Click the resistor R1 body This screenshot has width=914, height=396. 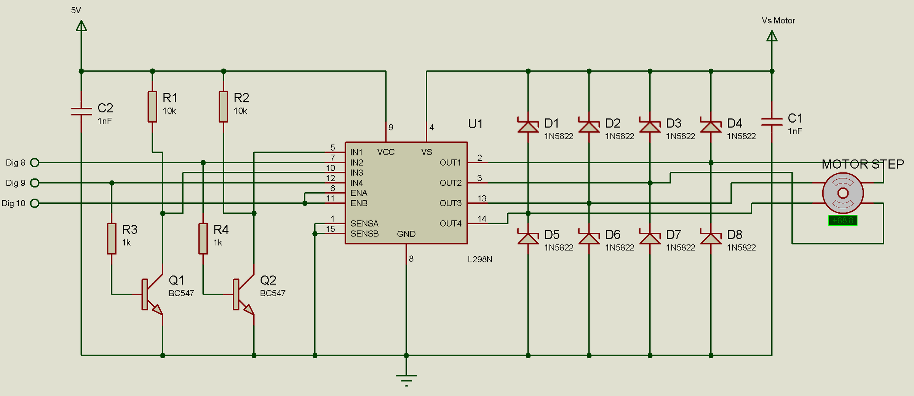pos(152,107)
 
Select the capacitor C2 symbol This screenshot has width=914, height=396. pos(81,112)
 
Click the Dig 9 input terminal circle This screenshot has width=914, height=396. pos(35,183)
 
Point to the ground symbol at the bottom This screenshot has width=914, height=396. pos(406,379)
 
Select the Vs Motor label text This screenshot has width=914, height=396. pos(778,21)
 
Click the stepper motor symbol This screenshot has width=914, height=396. pos(843,193)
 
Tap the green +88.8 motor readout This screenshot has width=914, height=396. pos(843,220)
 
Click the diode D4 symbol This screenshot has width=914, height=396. pos(711,127)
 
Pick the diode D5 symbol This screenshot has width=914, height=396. pos(528,238)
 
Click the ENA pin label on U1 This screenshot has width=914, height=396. pos(359,193)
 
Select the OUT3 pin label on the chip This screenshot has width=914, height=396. pos(451,203)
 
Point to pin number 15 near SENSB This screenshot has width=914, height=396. pos(330,229)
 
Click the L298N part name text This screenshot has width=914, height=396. pos(480,259)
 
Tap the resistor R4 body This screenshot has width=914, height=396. pos(203,239)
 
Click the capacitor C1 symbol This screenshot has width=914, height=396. pos(772,122)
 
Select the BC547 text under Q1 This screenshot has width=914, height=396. pos(181,293)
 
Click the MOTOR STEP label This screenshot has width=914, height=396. pos(863,164)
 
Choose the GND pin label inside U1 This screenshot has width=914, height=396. pos(406,234)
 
